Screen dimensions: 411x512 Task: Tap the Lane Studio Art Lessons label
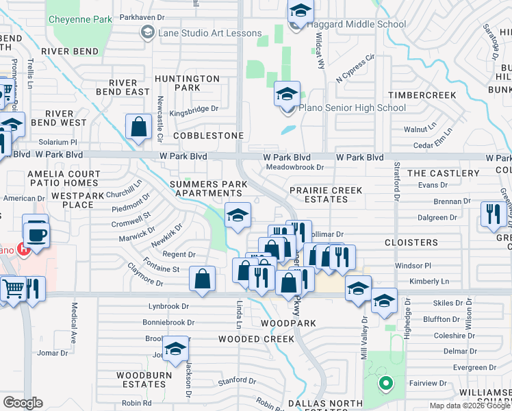pyautogui.click(x=209, y=33)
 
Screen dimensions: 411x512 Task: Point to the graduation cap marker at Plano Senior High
pyautogui.click(x=287, y=94)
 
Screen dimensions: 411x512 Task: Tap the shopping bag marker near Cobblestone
pyautogui.click(x=138, y=127)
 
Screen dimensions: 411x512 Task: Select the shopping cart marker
pyautogui.click(x=12, y=289)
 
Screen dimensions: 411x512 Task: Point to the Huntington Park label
pyautogui.click(x=187, y=83)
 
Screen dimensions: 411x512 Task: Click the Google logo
pyautogui.click(x=23, y=403)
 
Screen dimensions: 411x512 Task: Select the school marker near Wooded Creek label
pyautogui.click(x=176, y=348)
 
